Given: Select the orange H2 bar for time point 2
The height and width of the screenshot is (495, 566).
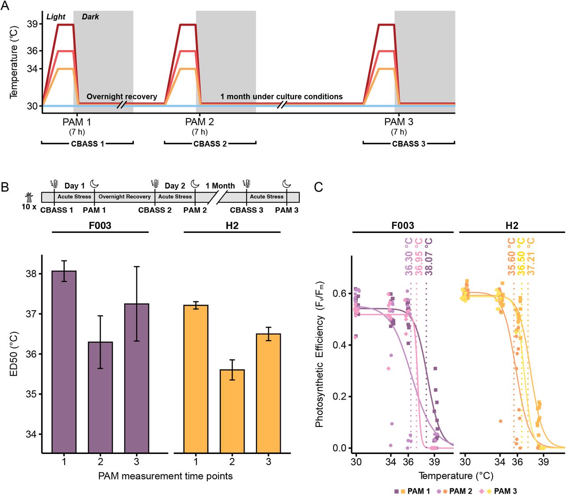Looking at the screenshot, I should [x=232, y=411].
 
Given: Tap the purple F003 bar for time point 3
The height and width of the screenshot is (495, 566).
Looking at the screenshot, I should [x=137, y=378].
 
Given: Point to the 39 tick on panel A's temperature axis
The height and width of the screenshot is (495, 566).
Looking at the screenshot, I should [x=32, y=24].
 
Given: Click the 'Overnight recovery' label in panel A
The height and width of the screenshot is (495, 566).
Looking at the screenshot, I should [x=122, y=96].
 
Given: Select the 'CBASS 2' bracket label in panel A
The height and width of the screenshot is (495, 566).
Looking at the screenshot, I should [x=210, y=144].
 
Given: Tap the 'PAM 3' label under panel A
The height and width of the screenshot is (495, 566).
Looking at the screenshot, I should [x=398, y=122].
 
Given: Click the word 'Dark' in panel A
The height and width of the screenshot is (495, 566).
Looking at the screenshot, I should [x=90, y=17].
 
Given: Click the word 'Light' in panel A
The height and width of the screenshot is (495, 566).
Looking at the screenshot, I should [x=56, y=17].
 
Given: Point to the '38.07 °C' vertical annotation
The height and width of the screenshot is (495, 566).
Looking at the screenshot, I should [x=428, y=257].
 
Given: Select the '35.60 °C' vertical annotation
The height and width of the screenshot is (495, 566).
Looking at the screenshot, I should [x=512, y=257].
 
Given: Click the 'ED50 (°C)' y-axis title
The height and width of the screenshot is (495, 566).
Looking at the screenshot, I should [x=14, y=354].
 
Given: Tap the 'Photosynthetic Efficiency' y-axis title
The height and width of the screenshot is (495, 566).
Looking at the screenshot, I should [x=319, y=354].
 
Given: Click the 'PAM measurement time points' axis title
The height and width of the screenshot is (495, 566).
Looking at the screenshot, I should [x=165, y=476].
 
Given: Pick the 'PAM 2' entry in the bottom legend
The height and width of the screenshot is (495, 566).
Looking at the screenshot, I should [x=460, y=491].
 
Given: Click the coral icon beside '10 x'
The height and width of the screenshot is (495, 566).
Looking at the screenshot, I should [x=29, y=197].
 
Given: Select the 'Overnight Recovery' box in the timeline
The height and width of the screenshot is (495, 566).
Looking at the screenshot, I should [x=124, y=197].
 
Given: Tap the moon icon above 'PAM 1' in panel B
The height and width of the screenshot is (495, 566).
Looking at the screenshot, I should [x=94, y=184].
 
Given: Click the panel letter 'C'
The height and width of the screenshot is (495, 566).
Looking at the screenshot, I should [x=318, y=187].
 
